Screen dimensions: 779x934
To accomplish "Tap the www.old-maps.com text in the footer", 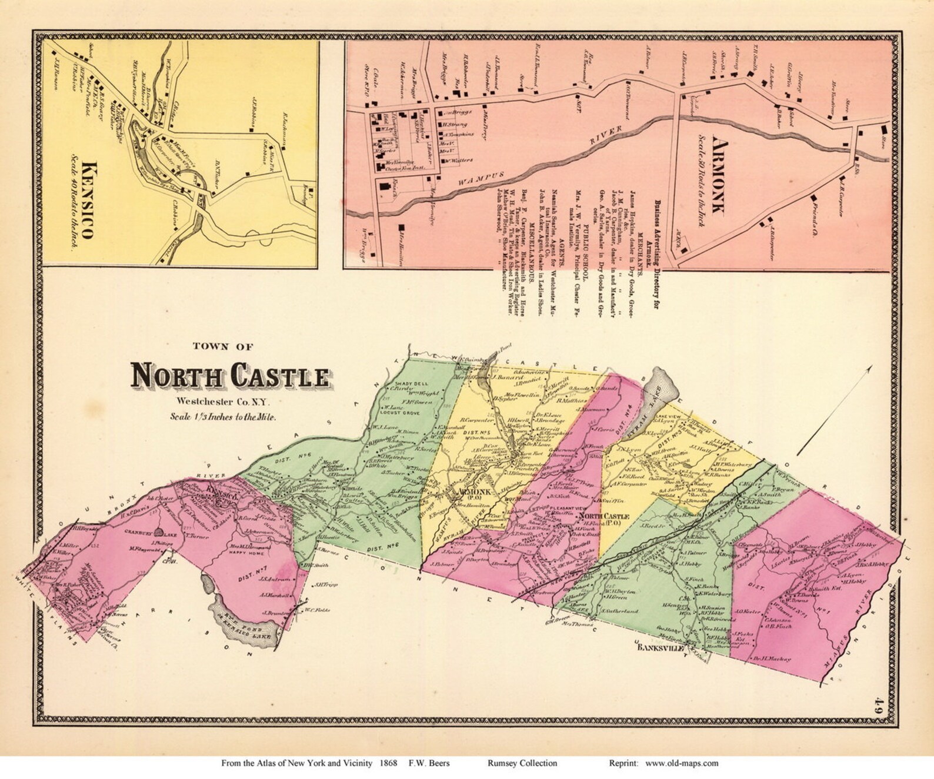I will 682,764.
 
